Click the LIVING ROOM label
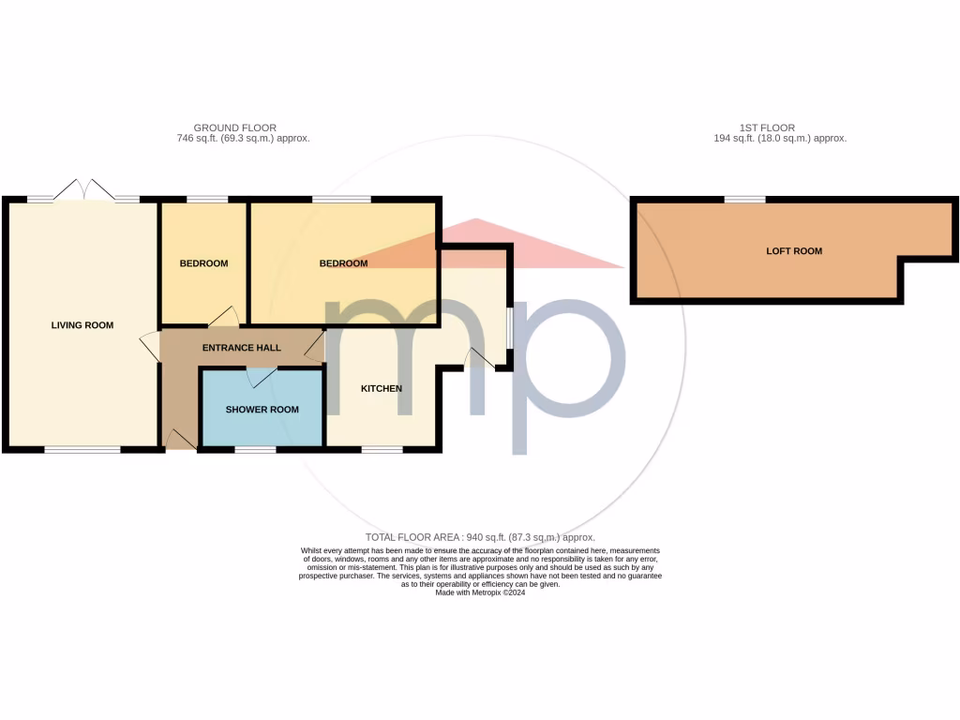(x=82, y=325)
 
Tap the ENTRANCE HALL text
(x=242, y=348)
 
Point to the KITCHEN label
(x=382, y=388)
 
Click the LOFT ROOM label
(x=794, y=251)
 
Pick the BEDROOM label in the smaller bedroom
(x=203, y=263)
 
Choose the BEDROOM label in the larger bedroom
(x=343, y=263)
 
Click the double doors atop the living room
(x=84, y=190)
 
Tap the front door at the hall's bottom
(x=180, y=439)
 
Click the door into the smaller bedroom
(x=223, y=318)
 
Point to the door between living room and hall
(x=149, y=346)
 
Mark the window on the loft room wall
(x=744, y=199)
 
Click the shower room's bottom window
(x=255, y=450)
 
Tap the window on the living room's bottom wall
(x=82, y=450)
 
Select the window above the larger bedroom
(x=341, y=199)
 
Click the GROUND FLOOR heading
(x=234, y=127)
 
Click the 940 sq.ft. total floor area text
(x=480, y=537)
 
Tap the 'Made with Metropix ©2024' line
(x=480, y=592)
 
